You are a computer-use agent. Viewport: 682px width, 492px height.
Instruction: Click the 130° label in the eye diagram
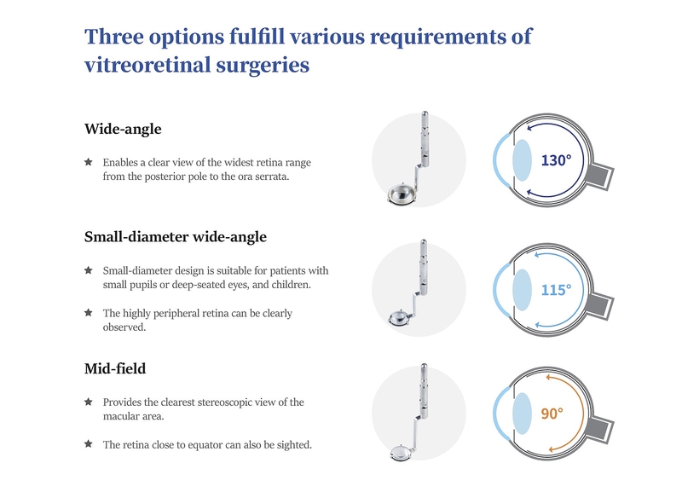click(556, 160)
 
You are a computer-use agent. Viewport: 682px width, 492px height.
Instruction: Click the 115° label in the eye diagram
click(556, 290)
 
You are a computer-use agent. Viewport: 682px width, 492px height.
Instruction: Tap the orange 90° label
click(552, 414)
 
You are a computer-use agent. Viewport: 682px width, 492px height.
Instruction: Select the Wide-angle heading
click(123, 130)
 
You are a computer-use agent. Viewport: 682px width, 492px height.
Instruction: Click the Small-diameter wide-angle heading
click(176, 237)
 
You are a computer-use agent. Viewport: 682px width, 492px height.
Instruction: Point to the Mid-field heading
click(115, 369)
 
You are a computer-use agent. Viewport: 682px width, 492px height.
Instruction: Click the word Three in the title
click(114, 36)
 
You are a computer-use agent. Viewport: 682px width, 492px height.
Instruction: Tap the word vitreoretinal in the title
click(147, 66)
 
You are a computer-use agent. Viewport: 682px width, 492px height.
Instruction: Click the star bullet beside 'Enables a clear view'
click(89, 162)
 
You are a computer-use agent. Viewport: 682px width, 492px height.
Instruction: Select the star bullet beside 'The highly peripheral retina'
click(89, 312)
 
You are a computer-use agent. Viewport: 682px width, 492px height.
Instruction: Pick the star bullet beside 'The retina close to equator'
click(89, 443)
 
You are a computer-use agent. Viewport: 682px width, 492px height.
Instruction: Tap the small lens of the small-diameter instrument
click(398, 318)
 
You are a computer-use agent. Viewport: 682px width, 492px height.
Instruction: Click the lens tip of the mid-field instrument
click(399, 453)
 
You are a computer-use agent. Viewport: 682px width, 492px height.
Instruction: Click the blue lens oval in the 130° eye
click(522, 160)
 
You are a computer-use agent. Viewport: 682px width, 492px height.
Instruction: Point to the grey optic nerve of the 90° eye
click(602, 428)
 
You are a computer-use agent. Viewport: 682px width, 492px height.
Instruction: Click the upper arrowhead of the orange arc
click(549, 378)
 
